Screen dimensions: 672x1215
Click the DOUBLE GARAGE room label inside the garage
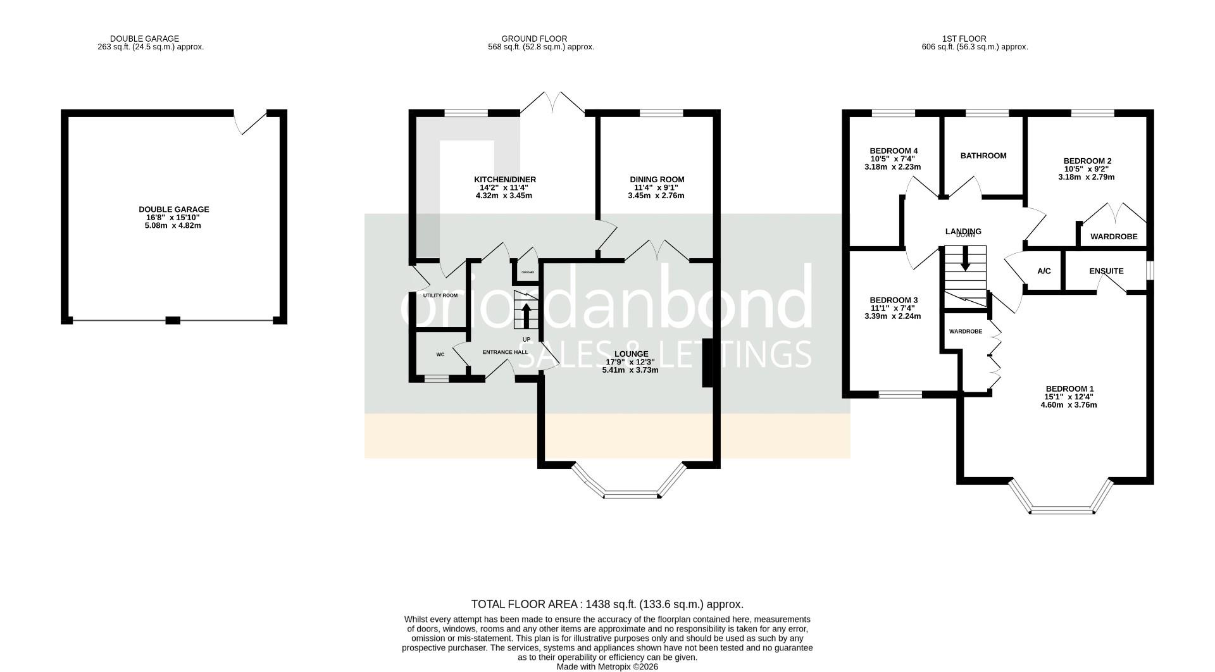[x=173, y=209]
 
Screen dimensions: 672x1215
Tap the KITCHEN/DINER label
[x=504, y=180]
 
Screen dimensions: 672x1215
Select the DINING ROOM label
[x=656, y=180]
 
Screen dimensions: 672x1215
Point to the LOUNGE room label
[x=630, y=354]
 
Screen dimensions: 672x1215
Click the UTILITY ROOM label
[x=440, y=296]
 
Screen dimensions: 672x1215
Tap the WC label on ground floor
[x=440, y=354]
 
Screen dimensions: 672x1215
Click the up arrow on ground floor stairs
[x=525, y=314]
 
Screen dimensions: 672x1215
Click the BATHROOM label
[x=983, y=156]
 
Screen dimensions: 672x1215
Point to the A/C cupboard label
[x=1044, y=271]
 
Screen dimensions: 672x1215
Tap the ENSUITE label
[x=1106, y=271]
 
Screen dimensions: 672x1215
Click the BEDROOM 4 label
[x=893, y=151]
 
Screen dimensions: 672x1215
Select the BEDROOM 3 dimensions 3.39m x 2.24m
[x=892, y=316]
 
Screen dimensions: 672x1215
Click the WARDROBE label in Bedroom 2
[x=1113, y=237]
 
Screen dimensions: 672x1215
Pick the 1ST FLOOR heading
[x=975, y=39]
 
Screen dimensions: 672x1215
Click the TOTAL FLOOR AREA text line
[x=607, y=604]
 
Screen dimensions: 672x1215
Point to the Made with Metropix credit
[x=607, y=667]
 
